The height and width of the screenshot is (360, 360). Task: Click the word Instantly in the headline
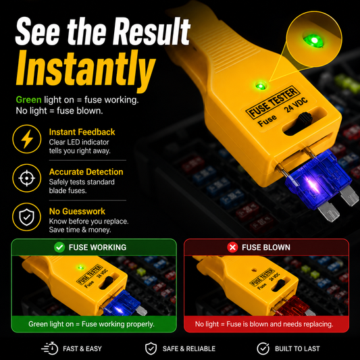tap(86, 70)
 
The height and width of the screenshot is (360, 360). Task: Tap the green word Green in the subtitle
tap(28, 100)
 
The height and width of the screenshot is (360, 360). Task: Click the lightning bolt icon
tap(27, 139)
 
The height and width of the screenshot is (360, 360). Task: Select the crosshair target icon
tap(27, 178)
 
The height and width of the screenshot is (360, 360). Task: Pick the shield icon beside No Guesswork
tap(26, 217)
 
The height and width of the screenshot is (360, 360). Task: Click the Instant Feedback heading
tap(82, 132)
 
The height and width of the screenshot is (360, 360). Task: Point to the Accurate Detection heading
tap(86, 172)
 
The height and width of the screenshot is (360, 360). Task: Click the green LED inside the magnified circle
tap(313, 41)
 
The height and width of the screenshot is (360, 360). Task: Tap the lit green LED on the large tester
tap(261, 86)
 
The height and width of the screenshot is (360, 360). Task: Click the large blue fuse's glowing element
tap(312, 184)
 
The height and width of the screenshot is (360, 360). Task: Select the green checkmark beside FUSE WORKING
tap(59, 247)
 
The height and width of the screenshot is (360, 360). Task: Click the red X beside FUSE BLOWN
tap(232, 247)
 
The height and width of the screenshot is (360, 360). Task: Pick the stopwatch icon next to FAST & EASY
tap(50, 349)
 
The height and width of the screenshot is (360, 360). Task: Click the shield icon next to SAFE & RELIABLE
tap(151, 349)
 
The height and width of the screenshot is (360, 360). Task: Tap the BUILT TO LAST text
tap(297, 349)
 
